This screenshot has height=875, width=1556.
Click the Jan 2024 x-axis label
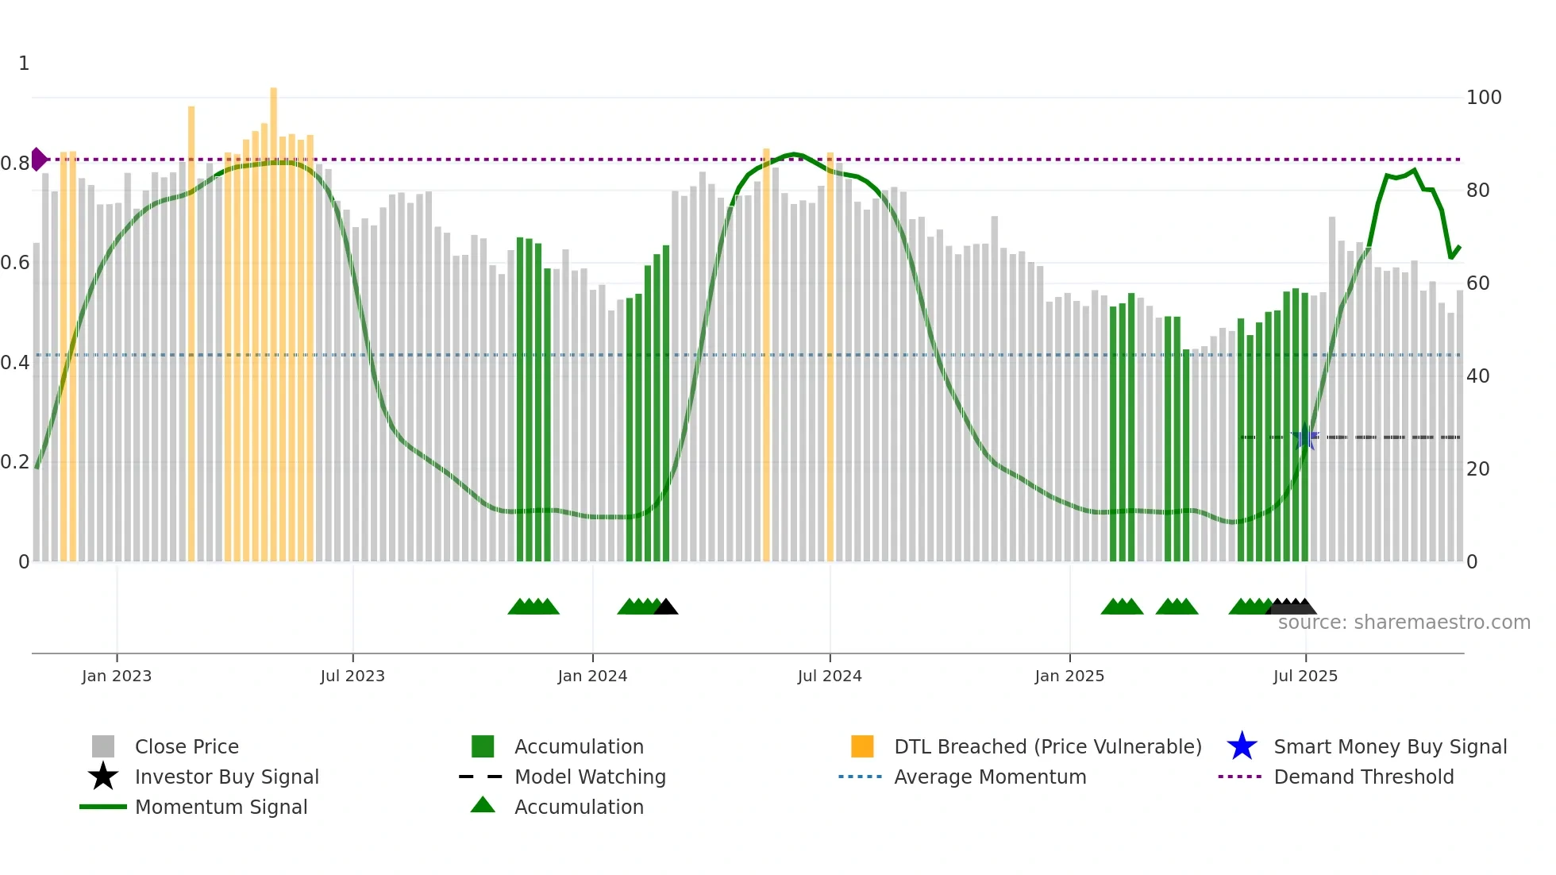[x=592, y=676]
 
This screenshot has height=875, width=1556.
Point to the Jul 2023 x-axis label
[x=352, y=676]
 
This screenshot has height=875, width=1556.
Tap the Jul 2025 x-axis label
[x=1305, y=676]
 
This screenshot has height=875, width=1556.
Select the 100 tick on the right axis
[x=1484, y=98]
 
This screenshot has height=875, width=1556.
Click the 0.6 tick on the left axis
[x=15, y=263]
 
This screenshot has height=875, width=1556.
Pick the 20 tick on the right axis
[x=1478, y=468]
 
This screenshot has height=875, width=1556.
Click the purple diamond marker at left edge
[x=38, y=159]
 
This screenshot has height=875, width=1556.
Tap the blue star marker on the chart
[x=1304, y=437]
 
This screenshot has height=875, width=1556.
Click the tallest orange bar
[x=273, y=318]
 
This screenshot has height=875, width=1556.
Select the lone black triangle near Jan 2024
[x=666, y=607]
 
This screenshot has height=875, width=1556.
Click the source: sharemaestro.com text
[x=1404, y=622]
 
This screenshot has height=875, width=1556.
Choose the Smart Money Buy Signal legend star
[x=1242, y=746]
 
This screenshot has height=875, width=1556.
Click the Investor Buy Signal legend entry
[x=226, y=777]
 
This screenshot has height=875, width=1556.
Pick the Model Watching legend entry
[x=590, y=777]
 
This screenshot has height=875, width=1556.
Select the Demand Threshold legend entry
[x=1363, y=777]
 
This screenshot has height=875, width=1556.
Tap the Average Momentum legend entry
[x=989, y=777]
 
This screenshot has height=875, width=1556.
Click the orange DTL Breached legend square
[x=862, y=746]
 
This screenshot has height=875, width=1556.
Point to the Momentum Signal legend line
[x=103, y=807]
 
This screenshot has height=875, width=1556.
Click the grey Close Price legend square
[x=103, y=746]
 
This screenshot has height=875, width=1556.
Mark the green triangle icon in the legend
[x=483, y=806]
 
